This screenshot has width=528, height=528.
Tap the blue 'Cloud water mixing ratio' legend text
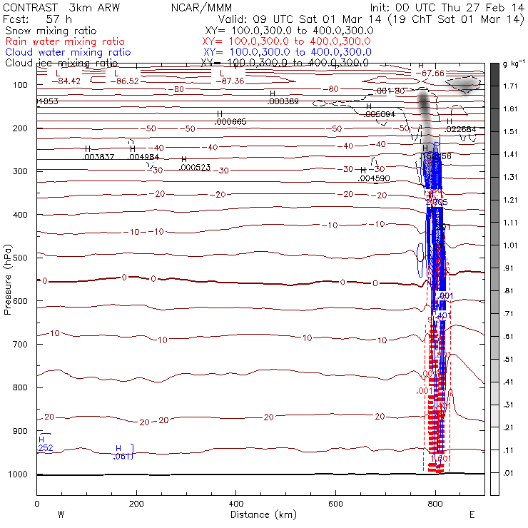(68, 53)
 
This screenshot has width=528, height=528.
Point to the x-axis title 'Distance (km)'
(260, 514)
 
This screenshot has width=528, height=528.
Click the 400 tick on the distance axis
(235, 504)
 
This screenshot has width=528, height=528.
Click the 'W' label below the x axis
(61, 514)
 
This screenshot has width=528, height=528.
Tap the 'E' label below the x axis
(472, 514)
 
